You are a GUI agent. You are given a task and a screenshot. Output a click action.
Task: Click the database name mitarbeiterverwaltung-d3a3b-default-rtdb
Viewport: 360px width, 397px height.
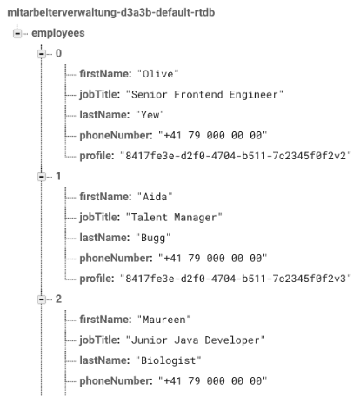tap(111, 13)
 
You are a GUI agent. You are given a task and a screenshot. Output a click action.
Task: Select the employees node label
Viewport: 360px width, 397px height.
tap(58, 33)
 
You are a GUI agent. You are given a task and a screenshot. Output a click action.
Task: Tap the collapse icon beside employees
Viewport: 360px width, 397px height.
tap(17, 33)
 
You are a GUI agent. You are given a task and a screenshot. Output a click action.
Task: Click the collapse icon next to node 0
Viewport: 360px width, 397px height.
tap(42, 54)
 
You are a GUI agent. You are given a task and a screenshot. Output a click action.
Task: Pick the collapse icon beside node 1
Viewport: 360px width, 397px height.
tap(42, 177)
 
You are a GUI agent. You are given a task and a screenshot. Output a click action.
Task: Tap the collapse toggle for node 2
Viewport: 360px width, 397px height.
tap(42, 299)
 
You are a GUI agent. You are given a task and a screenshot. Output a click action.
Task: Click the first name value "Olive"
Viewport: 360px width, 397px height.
tap(157, 74)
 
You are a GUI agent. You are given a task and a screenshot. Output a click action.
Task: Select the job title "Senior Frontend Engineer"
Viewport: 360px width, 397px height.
tap(204, 95)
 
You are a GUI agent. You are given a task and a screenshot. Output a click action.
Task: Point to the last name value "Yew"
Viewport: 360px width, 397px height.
tap(150, 115)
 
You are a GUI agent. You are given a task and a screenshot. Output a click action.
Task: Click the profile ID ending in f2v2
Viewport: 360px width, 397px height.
tap(236, 156)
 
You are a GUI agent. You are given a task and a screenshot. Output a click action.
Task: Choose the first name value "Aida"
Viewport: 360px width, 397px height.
tap(155, 197)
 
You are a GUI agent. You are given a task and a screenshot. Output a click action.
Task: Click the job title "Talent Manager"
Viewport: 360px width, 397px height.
tap(174, 218)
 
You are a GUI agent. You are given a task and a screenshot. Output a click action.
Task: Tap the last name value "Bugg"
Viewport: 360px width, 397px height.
tap(153, 238)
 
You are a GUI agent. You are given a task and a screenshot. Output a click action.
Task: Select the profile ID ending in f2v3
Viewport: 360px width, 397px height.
tap(236, 279)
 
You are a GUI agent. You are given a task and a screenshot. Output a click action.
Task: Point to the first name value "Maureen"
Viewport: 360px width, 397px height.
tap(163, 320)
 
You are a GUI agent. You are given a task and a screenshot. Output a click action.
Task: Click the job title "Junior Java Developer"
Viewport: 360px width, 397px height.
tap(196, 340)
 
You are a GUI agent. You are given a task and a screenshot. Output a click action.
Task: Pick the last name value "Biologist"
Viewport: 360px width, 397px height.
tap(169, 360)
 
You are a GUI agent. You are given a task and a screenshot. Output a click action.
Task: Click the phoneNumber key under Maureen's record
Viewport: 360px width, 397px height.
tap(116, 380)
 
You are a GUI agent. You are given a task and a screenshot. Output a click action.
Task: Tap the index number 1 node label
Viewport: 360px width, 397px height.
tap(58, 177)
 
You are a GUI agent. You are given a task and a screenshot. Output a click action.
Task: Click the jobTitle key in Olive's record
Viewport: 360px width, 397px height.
tap(100, 95)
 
